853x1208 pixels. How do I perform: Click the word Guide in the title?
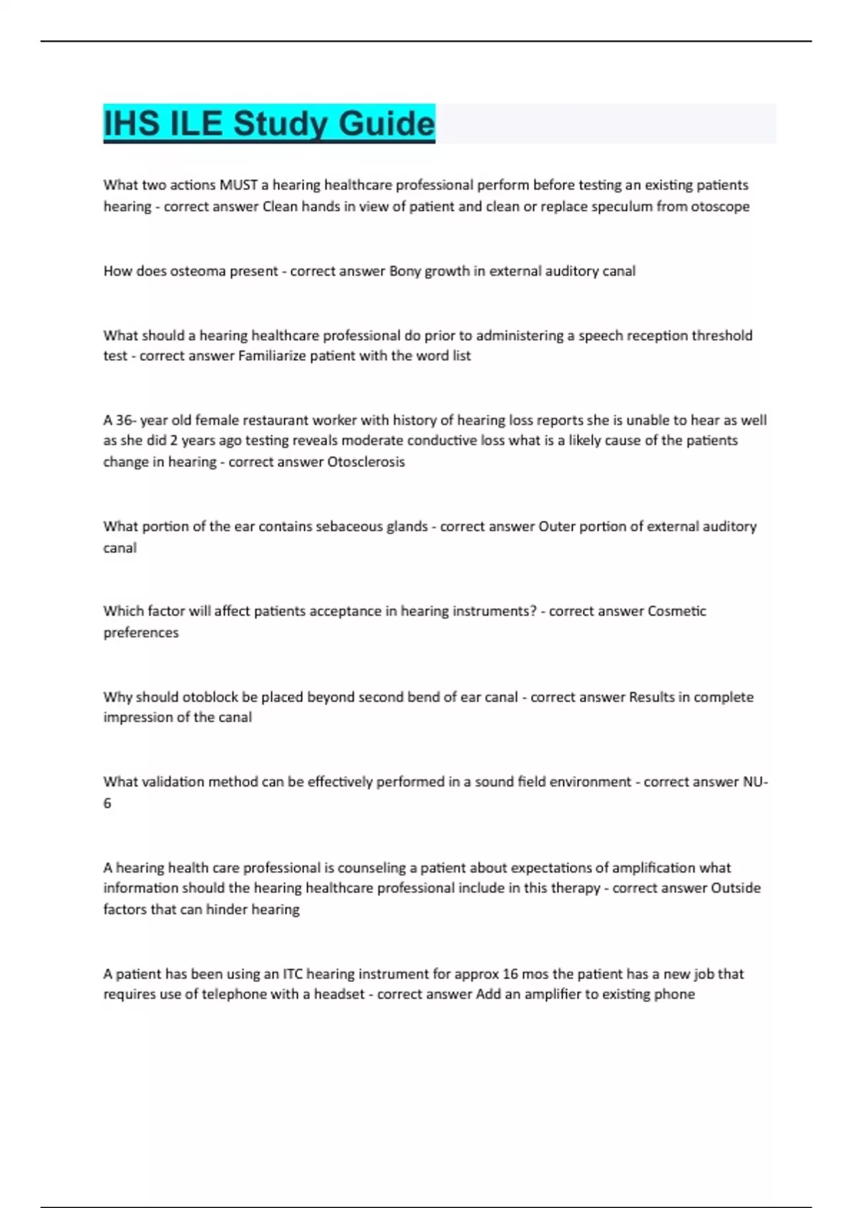click(x=386, y=124)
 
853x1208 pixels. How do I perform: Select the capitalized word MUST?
click(x=238, y=185)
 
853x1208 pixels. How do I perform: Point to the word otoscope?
click(x=719, y=207)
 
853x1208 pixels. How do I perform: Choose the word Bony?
click(x=404, y=271)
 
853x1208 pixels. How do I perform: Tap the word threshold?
click(x=721, y=335)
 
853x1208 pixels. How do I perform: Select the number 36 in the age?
click(x=124, y=420)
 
